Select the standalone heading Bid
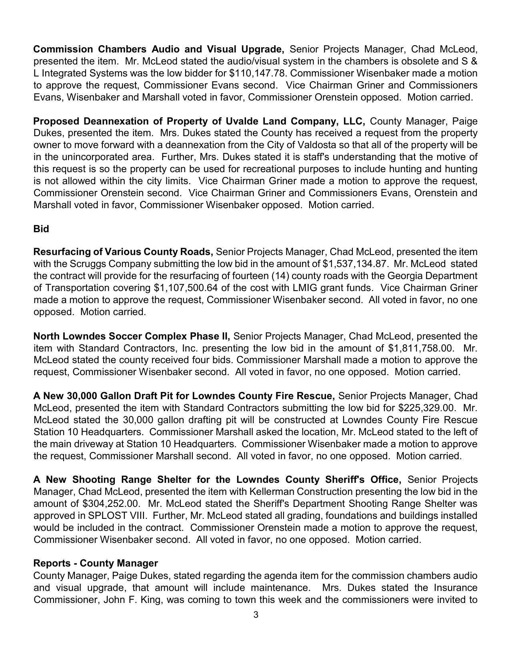(41, 229)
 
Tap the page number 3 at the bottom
(256, 615)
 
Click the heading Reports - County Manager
(96, 563)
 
